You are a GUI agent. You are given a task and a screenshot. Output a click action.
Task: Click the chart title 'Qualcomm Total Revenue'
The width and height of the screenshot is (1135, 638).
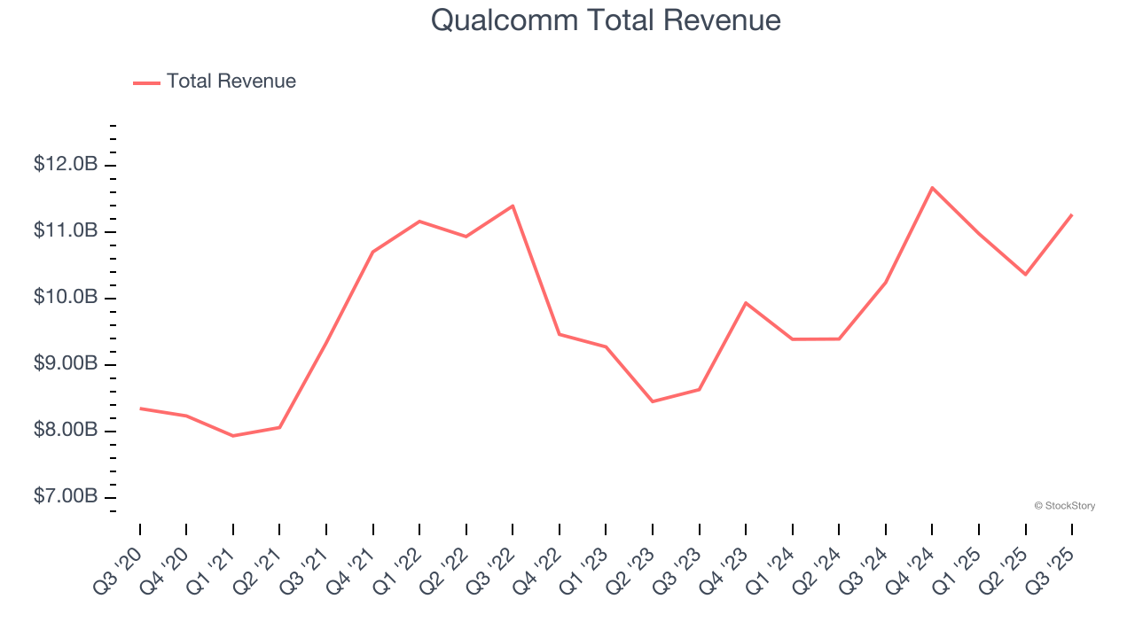606,19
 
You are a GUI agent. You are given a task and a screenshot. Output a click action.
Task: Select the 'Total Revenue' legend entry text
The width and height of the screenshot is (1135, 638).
231,82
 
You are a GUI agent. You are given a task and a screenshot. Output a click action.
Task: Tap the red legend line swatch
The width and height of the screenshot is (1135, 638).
146,82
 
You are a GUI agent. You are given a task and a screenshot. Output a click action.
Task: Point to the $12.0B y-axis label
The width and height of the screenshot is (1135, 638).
66,165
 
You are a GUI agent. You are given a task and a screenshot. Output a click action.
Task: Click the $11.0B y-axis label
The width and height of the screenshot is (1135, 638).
66,231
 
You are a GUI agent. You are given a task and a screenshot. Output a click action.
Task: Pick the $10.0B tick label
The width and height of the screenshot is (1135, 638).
66,298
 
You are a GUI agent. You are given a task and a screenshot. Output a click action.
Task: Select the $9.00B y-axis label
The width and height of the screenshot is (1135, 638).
66,364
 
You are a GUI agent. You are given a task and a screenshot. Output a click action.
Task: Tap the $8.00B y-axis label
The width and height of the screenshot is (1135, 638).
66,431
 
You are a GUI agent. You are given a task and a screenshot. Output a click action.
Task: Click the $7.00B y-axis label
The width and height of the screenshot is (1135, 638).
66,497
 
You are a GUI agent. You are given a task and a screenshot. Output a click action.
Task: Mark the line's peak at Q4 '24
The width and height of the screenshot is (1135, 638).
932,188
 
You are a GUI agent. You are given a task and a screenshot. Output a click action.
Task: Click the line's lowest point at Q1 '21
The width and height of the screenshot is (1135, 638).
233,436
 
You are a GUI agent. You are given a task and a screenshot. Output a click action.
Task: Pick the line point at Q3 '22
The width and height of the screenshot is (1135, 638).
513,206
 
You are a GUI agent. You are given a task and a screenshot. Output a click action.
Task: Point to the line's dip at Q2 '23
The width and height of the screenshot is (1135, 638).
653,401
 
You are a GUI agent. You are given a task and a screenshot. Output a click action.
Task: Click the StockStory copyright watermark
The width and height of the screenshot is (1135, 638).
1064,506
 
